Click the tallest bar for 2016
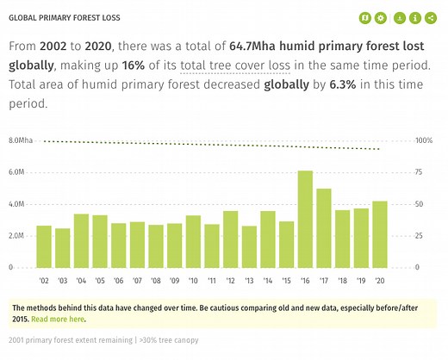(x=305, y=219)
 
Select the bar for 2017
(x=323, y=228)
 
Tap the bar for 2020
(x=379, y=234)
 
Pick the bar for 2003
(x=62, y=248)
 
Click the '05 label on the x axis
(x=100, y=281)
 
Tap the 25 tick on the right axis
(x=419, y=236)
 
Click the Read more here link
(x=59, y=319)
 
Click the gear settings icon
(x=380, y=17)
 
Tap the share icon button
(x=430, y=17)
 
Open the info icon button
(x=415, y=17)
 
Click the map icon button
(x=364, y=17)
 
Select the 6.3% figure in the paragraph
(x=345, y=84)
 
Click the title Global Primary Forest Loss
(x=65, y=17)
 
